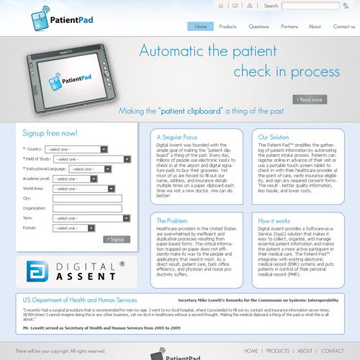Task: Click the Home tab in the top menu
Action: point(201,27)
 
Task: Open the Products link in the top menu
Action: point(228,27)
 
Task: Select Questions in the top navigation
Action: point(258,27)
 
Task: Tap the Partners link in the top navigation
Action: point(289,27)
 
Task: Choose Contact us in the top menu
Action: point(343,27)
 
